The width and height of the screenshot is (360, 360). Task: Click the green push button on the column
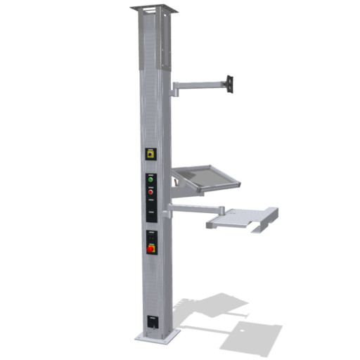click(150, 179)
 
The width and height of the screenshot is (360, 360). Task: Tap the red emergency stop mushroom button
click(150, 248)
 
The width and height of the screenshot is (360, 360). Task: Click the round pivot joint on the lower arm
click(222, 210)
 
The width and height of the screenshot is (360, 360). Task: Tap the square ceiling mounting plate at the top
click(153, 9)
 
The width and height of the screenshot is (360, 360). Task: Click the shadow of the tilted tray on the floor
click(211, 307)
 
